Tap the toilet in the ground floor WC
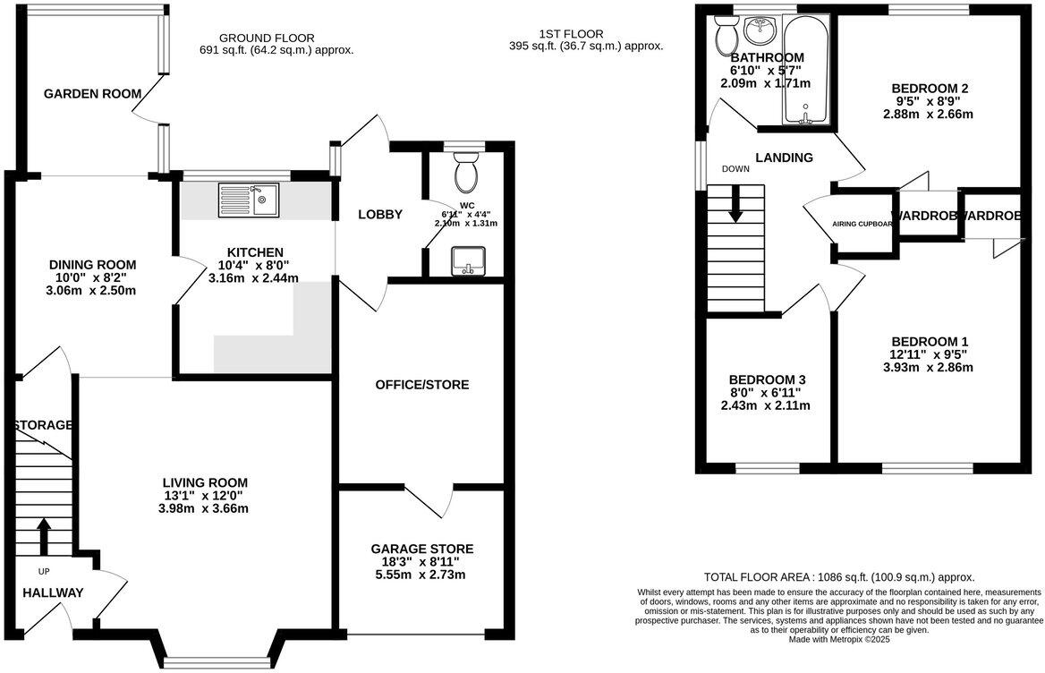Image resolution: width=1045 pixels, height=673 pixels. pyautogui.click(x=466, y=173)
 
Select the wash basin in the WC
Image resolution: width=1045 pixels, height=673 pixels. pyautogui.click(x=467, y=261)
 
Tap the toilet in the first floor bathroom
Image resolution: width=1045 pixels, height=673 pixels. pyautogui.click(x=726, y=37)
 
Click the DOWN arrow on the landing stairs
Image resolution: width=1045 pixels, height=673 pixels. pyautogui.click(x=735, y=205)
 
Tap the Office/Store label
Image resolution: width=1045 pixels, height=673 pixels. pyautogui.click(x=422, y=385)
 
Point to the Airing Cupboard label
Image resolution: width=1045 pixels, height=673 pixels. pyautogui.click(x=862, y=224)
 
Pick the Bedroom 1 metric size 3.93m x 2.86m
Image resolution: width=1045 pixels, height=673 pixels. pyautogui.click(x=928, y=367)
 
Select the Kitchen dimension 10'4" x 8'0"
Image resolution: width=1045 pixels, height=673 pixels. pyautogui.click(x=252, y=265)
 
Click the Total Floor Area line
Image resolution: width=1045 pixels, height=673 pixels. pyautogui.click(x=838, y=577)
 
